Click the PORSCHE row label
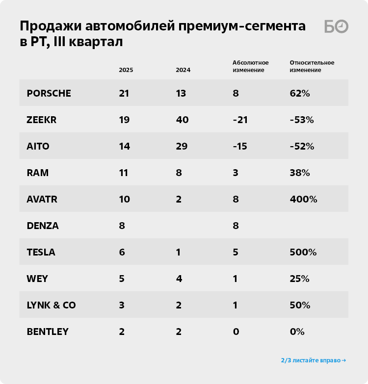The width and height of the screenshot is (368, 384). tap(49, 93)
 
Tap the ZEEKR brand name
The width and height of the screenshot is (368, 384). tap(42, 120)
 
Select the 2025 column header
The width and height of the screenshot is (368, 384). tap(126, 70)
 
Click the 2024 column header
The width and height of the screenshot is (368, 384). tap(183, 70)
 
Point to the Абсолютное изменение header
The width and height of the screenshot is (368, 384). tap(250, 66)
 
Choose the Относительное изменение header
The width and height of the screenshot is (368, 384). tap(312, 66)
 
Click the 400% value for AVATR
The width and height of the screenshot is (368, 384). tap(303, 199)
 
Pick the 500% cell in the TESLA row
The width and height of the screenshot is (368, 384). tap(303, 252)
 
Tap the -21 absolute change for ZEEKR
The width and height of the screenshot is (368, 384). tap(240, 120)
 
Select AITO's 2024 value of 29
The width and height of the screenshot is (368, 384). tap(182, 146)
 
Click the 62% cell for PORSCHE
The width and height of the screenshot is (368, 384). tap(300, 93)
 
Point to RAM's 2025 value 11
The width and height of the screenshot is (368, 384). tap(124, 173)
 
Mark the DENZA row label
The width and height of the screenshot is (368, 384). tap(43, 226)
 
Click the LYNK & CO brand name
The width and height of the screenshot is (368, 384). tap(51, 305)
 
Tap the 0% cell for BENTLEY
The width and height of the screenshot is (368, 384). tap(297, 332)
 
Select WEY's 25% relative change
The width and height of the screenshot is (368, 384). tap(299, 279)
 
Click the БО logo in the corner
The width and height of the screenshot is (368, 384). tap(336, 27)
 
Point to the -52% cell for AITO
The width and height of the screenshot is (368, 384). tap(301, 146)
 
